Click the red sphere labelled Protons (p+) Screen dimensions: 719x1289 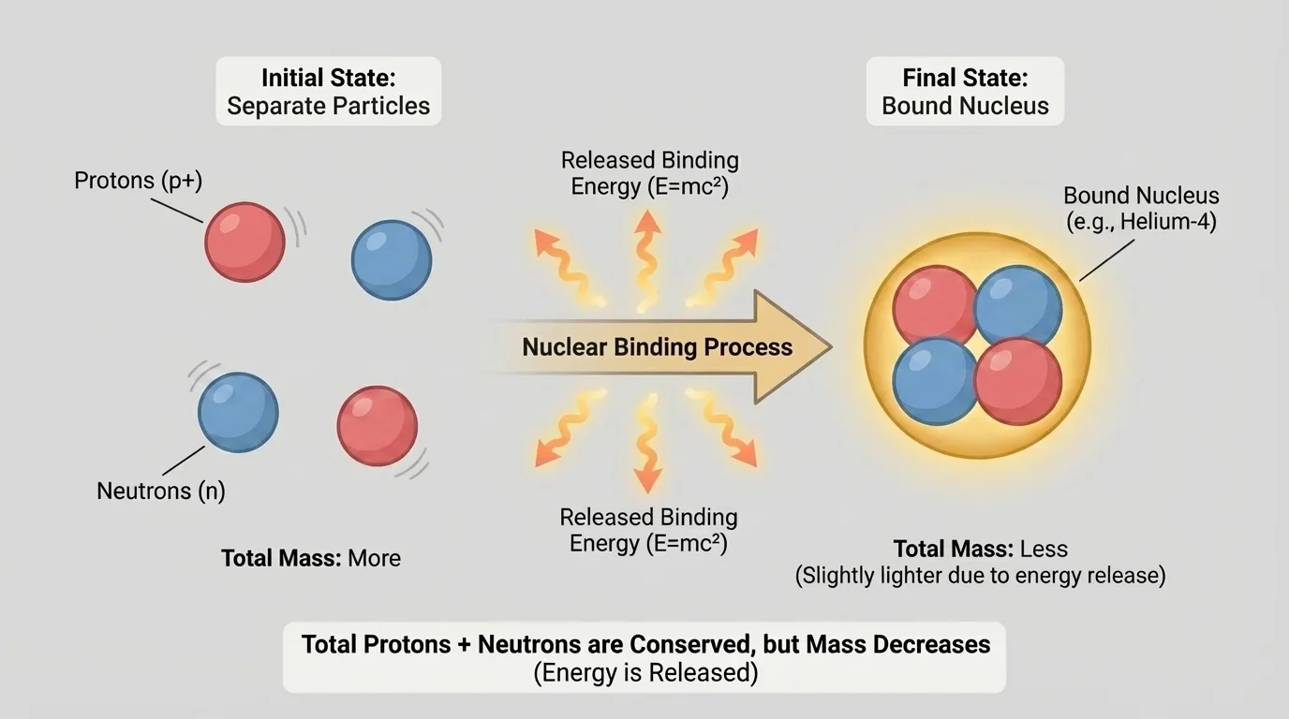pos(244,242)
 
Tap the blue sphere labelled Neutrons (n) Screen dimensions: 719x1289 pos(238,412)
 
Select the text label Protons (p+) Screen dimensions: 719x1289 pos(139,180)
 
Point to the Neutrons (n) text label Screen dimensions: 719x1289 pos(161,490)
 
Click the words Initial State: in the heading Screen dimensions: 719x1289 pos(328,77)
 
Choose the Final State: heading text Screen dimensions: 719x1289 pos(965,77)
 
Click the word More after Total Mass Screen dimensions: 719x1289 pos(374,558)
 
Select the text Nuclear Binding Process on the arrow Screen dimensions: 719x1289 pos(657,347)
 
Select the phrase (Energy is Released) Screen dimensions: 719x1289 pos(645,672)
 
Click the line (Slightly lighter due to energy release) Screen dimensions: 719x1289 pos(980,575)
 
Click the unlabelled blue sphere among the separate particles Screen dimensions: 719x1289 pos(391,259)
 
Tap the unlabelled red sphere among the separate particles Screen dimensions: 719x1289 pos(377,426)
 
